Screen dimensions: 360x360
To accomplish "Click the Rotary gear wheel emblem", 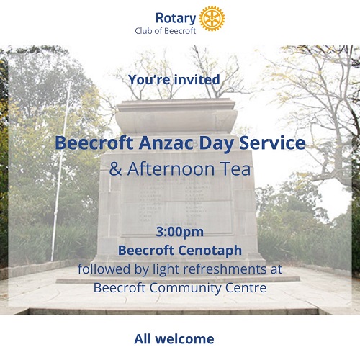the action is pyautogui.click(x=212, y=19).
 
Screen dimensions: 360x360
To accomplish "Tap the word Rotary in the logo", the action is pyautogui.click(x=176, y=19).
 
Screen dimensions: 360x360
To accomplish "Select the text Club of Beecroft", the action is pyautogui.click(x=166, y=31).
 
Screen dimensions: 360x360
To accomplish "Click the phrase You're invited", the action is pyautogui.click(x=174, y=79).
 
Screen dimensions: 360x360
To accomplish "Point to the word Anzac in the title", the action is pyautogui.click(x=166, y=143).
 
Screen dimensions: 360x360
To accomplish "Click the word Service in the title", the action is pyautogui.click(x=272, y=143).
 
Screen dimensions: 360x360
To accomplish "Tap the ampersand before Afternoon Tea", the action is pyautogui.click(x=115, y=168).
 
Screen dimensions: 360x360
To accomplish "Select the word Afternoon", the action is pyautogui.click(x=171, y=168).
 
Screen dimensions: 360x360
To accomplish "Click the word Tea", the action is pyautogui.click(x=235, y=168).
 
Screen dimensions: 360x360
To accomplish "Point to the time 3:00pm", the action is pyautogui.click(x=180, y=233).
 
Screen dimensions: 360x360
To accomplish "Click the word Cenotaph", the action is pyautogui.click(x=210, y=251).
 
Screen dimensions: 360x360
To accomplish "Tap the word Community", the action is pyautogui.click(x=184, y=289).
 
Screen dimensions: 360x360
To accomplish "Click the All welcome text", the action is pyautogui.click(x=174, y=339).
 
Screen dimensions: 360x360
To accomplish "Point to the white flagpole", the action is pyautogui.click(x=60, y=171).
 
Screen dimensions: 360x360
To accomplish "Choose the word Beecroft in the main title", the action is pyautogui.click(x=94, y=143).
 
